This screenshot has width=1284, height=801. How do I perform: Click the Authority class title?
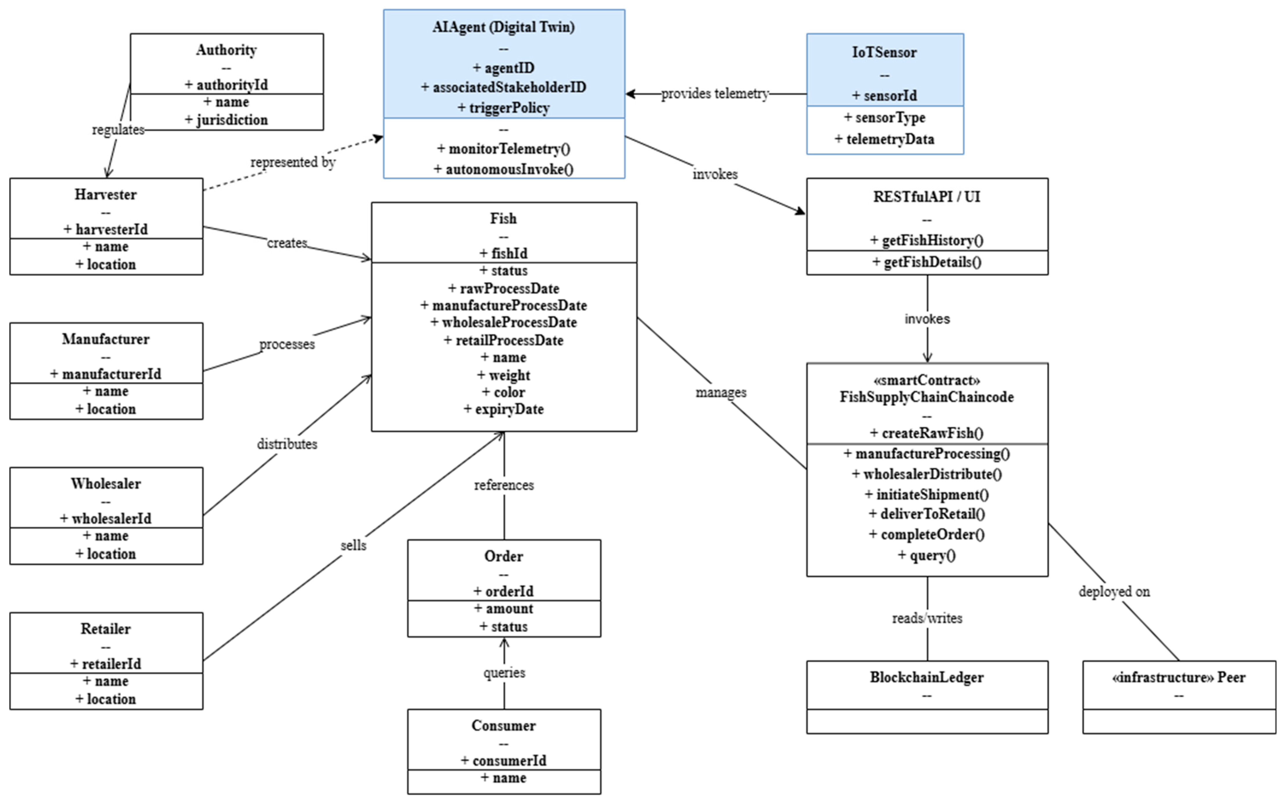227,50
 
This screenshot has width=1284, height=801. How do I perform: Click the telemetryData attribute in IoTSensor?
884,139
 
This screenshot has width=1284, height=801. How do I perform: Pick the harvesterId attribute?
106,229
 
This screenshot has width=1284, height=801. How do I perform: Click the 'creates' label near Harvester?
287,243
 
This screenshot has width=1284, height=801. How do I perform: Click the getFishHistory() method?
927,240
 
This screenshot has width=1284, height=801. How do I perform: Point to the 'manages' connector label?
721,393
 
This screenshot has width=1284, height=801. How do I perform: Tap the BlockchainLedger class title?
927,677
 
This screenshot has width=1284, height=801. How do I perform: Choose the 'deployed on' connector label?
1114,592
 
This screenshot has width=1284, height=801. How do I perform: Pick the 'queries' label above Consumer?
504,673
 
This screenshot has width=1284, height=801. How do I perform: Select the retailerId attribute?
106,664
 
